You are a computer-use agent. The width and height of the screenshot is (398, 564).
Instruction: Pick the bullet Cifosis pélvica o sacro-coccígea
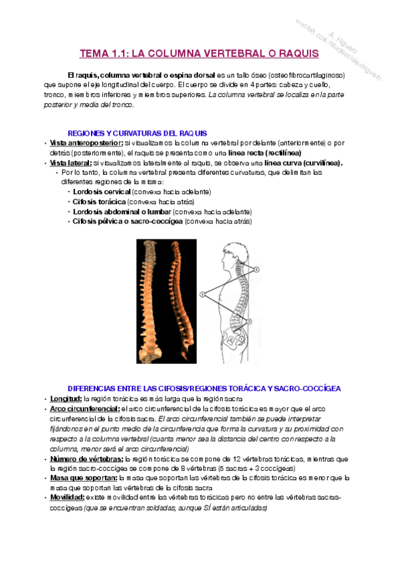127,221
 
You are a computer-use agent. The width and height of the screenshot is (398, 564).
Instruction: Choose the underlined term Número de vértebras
86,459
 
